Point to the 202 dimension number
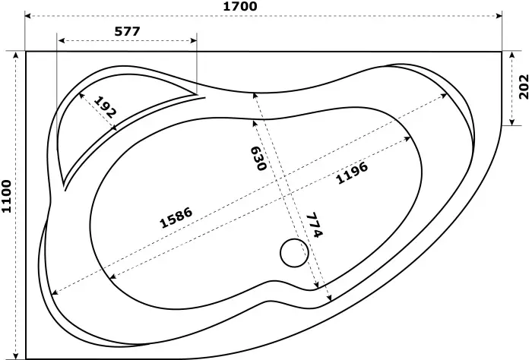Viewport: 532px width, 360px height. pos(523,88)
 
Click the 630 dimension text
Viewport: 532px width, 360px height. pos(258,157)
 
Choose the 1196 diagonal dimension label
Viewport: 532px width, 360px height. pos(352,174)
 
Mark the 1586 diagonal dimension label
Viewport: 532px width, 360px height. pos(176,217)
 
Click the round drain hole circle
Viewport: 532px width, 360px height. pos(293,254)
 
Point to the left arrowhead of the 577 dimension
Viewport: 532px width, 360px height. pos(62,41)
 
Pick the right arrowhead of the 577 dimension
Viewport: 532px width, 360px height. pos(193,41)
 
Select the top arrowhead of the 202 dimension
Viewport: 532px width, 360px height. pos(512,55)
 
